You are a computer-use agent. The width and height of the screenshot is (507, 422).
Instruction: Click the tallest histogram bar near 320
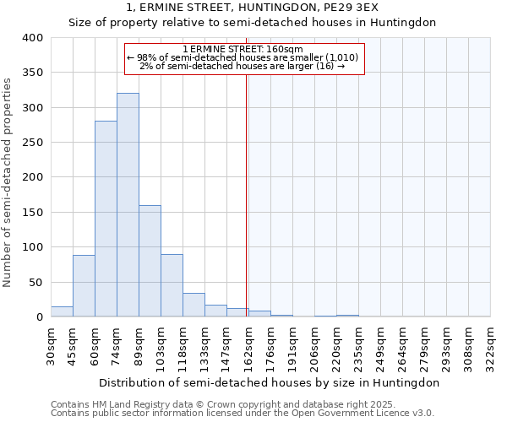(128, 205)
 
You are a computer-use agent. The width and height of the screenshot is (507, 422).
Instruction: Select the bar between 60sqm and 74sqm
(106, 219)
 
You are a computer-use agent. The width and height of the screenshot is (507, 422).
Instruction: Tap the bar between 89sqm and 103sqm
(150, 261)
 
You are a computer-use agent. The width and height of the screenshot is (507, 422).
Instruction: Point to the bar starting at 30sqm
(62, 311)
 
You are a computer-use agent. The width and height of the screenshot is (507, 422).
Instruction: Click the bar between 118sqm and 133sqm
(194, 305)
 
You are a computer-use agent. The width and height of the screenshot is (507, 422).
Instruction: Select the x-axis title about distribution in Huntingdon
(270, 382)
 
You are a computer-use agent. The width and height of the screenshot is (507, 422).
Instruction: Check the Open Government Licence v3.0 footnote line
(243, 414)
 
